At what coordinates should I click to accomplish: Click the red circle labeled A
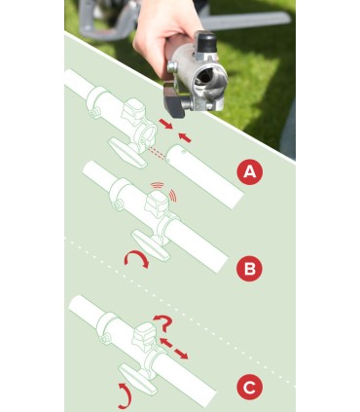coord(249,171)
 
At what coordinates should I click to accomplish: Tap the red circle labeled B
coord(249,269)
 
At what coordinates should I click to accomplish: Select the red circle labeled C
coord(249,388)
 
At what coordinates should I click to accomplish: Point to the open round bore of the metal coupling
coord(205,77)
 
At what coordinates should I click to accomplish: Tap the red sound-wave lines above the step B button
coord(165,191)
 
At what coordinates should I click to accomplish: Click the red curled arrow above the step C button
coord(164,321)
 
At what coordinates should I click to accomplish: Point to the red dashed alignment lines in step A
coord(157,153)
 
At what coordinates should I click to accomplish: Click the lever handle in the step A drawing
coord(127,153)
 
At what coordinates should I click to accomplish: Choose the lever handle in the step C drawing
coord(138,379)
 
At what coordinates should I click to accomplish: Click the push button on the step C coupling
coord(145,334)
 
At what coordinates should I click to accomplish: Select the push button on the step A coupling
coord(133,110)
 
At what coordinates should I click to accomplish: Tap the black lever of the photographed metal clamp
coord(173,99)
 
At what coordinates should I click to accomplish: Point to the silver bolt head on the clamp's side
coord(171,67)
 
